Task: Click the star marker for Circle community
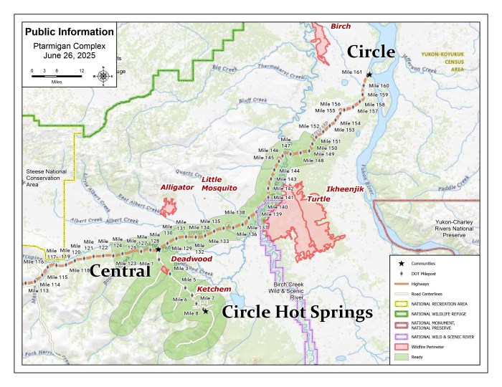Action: [369, 75]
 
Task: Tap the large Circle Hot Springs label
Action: [297, 312]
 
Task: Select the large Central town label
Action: [120, 271]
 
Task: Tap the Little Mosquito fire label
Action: [219, 183]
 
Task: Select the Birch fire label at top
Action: [341, 27]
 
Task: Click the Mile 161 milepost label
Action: [352, 72]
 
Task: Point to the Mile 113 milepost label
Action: [39, 291]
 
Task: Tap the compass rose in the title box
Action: [103, 75]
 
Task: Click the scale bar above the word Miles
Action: [56, 75]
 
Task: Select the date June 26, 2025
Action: [68, 54]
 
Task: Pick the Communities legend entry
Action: [430, 263]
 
